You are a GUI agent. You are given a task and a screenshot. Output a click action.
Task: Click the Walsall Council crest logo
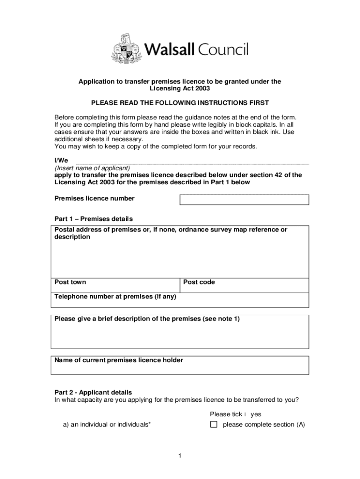[x=126, y=48]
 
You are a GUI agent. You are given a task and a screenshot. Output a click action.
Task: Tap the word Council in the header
[x=223, y=49]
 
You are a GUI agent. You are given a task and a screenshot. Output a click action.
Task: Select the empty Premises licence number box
[x=244, y=200]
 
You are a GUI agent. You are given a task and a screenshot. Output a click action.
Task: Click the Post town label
[x=70, y=282]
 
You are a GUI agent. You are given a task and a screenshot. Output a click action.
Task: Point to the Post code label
[x=199, y=282]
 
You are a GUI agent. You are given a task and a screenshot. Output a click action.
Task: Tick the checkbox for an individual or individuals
[x=214, y=425]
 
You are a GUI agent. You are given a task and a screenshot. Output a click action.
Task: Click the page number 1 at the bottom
[x=180, y=456]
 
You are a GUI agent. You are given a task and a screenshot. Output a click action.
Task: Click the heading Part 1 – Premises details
[x=94, y=219]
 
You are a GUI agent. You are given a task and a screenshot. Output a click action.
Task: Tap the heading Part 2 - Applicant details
[x=93, y=392]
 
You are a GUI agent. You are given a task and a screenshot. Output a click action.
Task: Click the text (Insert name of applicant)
[x=92, y=168]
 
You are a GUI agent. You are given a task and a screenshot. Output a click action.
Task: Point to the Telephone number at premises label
[x=115, y=297]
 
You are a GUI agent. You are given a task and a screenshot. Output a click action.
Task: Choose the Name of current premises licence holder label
[x=119, y=360]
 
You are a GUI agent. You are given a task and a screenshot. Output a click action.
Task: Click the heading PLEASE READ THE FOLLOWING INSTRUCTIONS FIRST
[x=180, y=103]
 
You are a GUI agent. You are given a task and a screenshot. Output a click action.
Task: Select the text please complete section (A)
[x=264, y=425]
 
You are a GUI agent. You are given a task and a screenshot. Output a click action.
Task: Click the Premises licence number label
[x=94, y=198]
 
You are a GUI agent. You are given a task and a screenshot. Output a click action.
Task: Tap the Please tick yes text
[x=235, y=414]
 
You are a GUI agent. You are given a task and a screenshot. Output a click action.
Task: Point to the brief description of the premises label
[x=147, y=319]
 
